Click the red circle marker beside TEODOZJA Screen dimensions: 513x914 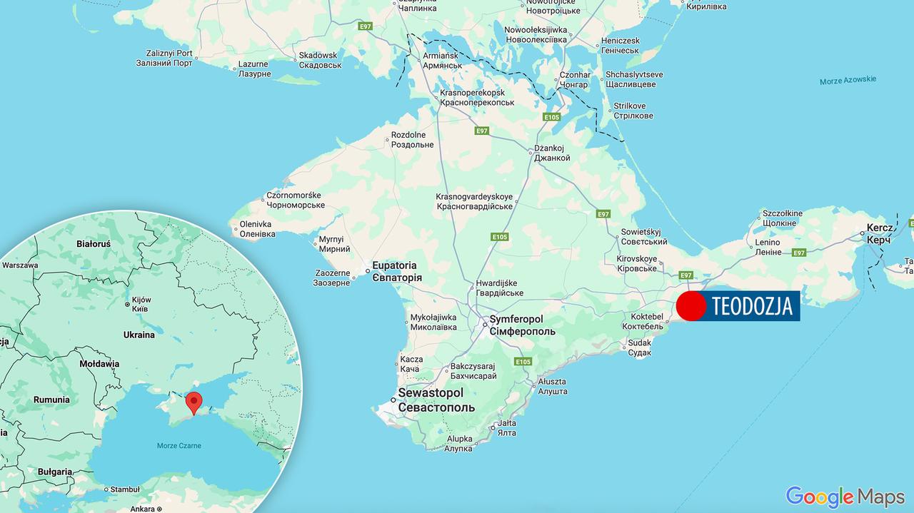690,306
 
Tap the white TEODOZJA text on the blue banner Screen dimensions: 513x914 752,306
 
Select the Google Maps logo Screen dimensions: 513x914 845,496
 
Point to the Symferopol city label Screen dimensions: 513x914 522,326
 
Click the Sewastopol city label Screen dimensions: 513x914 431,400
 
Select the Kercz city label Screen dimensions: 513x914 879,234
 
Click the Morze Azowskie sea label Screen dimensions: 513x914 848,80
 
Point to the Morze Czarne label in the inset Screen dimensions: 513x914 179,446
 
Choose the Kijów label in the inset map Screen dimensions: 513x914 141,305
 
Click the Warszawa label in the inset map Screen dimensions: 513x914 20,265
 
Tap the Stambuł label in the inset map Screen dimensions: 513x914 126,489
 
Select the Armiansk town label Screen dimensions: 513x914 443,61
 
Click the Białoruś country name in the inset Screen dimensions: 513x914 94,244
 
